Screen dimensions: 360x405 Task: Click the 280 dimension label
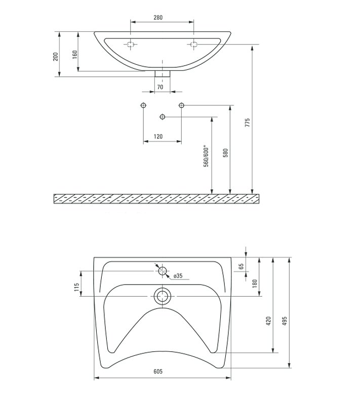click(x=158, y=18)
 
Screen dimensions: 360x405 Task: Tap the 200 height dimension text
click(x=56, y=57)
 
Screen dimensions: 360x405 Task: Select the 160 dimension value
click(x=74, y=55)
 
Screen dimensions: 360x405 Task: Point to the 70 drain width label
click(x=160, y=87)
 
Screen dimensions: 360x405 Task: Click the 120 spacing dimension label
click(x=158, y=136)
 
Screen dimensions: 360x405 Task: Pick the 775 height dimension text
click(x=248, y=123)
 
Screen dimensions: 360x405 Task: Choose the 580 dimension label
click(x=225, y=153)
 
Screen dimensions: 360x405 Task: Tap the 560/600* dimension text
click(x=206, y=156)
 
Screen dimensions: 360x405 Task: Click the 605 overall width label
click(x=158, y=372)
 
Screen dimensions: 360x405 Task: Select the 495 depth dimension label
click(x=285, y=321)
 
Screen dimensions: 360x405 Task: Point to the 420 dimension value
click(x=268, y=321)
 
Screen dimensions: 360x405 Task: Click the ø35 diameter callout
click(x=178, y=276)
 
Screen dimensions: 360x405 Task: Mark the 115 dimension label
click(x=76, y=287)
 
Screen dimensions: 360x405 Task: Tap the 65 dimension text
click(x=241, y=266)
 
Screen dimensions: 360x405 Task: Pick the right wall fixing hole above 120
click(x=181, y=105)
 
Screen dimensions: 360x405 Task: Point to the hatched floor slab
click(x=156, y=198)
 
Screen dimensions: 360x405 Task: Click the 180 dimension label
click(x=255, y=283)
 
